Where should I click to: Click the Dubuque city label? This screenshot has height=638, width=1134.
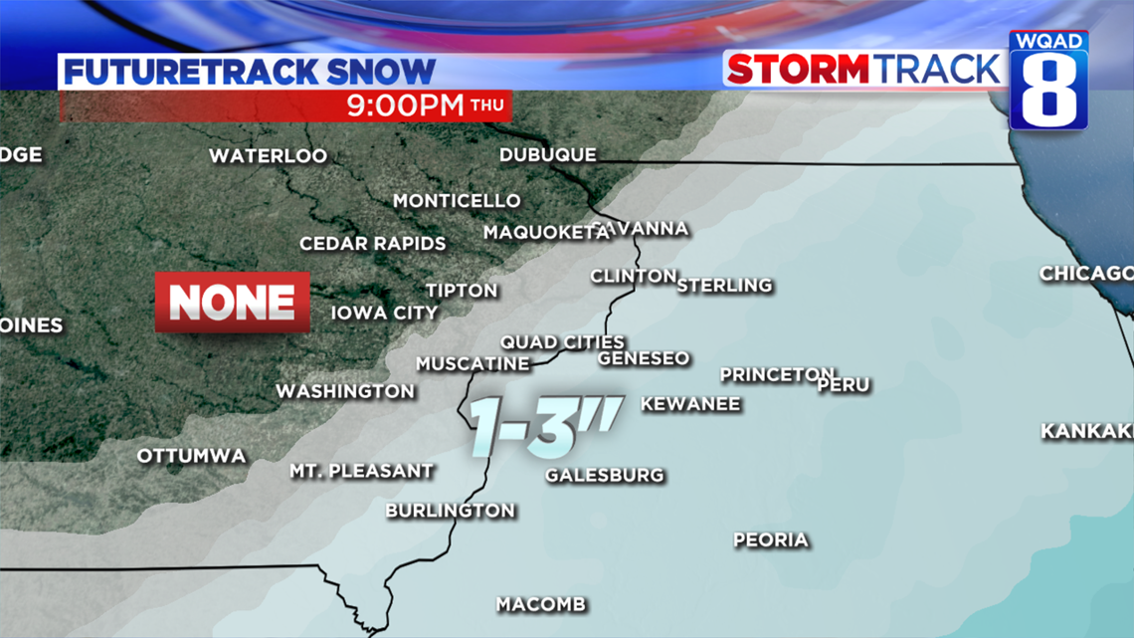coord(547,155)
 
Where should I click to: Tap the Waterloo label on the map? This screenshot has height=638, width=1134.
coord(268,156)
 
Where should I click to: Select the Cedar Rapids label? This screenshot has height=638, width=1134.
coord(373,244)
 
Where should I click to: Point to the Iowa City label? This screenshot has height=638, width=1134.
coord(384,313)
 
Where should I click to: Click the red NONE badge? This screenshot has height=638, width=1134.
coord(233,302)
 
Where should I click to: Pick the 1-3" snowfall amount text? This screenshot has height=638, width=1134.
coord(546,425)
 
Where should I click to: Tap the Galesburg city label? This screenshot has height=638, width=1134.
coord(604,475)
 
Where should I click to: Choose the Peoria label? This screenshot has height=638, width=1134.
coord(770,540)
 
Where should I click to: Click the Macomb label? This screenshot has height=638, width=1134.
coord(541,604)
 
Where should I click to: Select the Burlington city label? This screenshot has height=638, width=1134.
coord(450,511)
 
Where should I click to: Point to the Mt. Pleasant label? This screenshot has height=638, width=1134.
coord(361,471)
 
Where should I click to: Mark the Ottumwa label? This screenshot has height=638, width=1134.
coord(191,456)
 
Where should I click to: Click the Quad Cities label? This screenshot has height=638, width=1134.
coord(562,342)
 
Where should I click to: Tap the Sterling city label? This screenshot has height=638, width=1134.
coord(724,286)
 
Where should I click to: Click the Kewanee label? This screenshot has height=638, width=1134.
coord(690,404)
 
